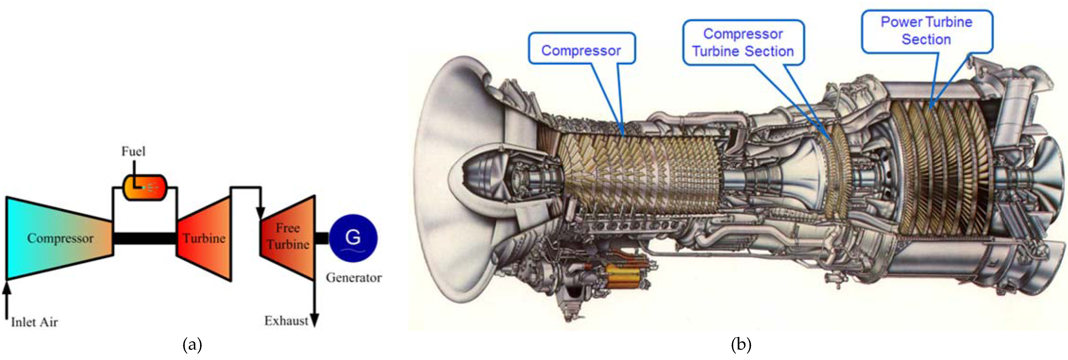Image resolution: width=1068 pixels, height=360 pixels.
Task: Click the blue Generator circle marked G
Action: click(353, 238)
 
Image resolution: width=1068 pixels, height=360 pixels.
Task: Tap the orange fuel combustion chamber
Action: click(145, 187)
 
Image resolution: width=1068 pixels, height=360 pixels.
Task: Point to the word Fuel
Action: click(133, 151)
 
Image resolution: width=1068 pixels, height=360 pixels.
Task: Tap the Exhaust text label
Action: click(286, 321)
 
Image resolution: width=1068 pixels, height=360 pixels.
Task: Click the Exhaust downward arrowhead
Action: click(315, 321)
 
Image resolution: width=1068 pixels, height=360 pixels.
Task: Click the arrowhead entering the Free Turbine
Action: click(260, 213)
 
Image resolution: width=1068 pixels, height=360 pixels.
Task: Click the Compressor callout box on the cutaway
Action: click(581, 49)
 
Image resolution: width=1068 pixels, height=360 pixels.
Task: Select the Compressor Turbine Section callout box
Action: click(743, 42)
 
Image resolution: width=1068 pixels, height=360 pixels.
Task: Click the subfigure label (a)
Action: click(192, 344)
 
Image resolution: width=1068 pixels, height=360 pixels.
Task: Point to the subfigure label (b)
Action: click(741, 344)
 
